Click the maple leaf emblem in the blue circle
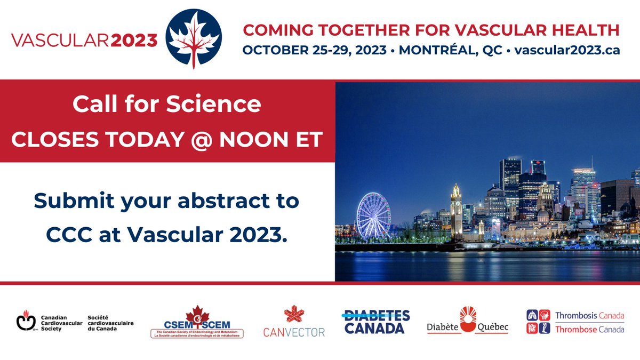[x=195, y=39]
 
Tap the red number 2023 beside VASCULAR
[x=135, y=41]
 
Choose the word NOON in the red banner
[x=262, y=139]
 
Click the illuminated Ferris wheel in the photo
[x=374, y=215]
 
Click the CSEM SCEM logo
[x=197, y=322]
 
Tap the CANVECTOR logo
[x=294, y=322]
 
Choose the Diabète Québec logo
[x=467, y=321]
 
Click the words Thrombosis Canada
[x=589, y=316]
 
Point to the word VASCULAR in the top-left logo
[x=59, y=41]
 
